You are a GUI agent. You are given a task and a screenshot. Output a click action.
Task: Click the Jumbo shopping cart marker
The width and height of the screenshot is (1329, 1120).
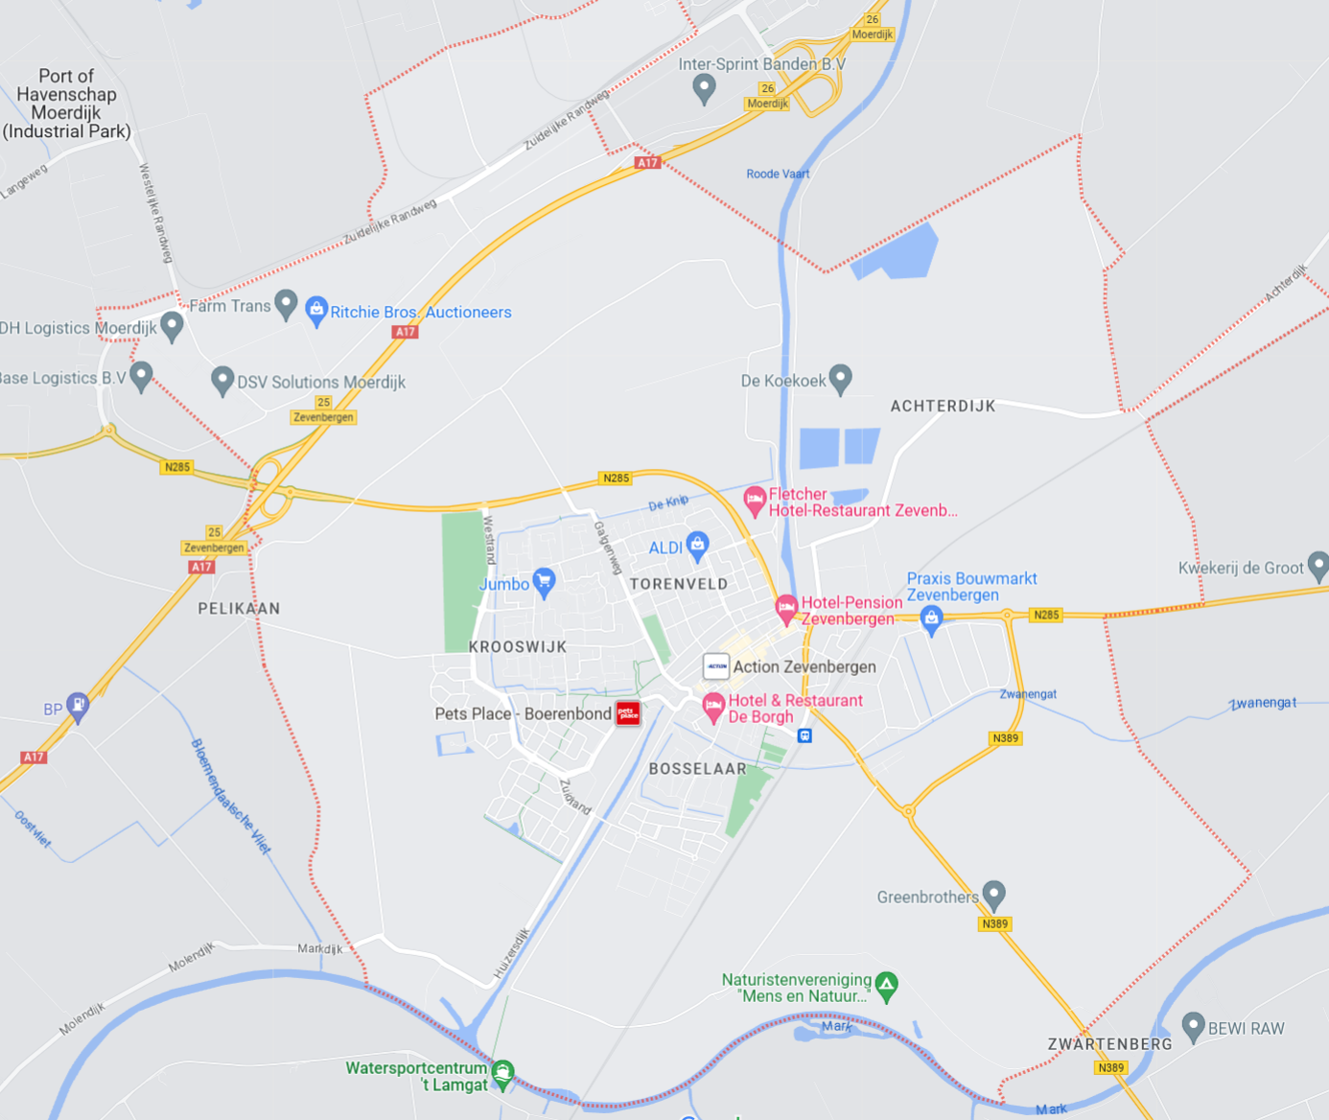tap(544, 581)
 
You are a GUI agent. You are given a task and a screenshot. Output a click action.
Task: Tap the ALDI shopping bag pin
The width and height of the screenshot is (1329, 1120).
tap(698, 546)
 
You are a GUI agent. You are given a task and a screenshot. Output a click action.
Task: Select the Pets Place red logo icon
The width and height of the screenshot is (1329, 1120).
tap(628, 713)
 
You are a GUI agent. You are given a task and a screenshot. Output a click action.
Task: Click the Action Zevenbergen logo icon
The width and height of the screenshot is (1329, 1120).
tap(716, 666)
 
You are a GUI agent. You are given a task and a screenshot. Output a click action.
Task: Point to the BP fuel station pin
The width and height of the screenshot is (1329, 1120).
tap(78, 707)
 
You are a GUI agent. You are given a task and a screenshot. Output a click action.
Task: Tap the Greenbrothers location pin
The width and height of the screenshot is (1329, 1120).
tap(994, 895)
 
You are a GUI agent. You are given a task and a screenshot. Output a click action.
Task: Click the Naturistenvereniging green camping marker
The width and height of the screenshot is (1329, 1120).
tap(887, 985)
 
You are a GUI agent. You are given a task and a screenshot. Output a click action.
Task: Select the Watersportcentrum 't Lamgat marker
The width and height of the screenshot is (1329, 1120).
tap(502, 1073)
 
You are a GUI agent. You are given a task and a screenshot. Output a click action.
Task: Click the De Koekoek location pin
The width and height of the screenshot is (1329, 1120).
tap(841, 379)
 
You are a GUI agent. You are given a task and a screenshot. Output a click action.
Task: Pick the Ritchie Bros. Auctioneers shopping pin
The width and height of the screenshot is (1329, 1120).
tap(316, 310)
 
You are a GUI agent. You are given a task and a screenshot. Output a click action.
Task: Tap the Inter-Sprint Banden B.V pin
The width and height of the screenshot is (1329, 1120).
tap(704, 88)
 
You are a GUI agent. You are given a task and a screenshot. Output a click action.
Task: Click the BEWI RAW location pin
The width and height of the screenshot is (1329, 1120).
tap(1193, 1026)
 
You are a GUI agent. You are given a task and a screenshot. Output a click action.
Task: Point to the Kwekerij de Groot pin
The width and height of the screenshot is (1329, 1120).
tap(1318, 566)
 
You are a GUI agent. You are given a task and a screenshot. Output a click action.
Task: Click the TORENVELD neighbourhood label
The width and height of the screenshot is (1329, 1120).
tap(679, 584)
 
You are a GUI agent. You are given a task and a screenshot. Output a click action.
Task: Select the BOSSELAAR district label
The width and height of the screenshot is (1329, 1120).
tap(697, 769)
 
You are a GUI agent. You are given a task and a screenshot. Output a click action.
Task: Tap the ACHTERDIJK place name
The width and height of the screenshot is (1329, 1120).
tap(943, 407)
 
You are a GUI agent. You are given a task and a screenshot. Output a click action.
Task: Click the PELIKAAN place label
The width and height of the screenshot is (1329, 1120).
tap(239, 609)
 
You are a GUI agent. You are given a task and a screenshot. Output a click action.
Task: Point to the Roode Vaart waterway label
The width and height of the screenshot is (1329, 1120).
tap(778, 175)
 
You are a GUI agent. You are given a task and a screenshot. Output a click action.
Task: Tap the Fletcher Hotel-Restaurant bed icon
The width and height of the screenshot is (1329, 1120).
tap(755, 500)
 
